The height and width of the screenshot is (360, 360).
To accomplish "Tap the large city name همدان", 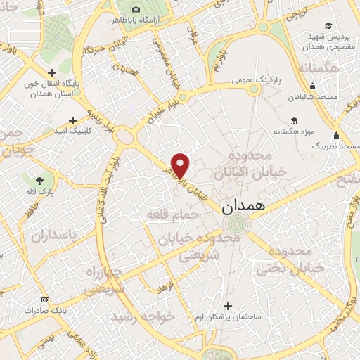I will [243, 208].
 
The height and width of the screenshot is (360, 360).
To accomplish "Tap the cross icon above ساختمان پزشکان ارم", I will [227, 306].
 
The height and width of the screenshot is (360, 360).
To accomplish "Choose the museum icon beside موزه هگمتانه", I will [293, 121].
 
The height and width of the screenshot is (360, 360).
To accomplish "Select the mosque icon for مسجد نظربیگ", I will [337, 136].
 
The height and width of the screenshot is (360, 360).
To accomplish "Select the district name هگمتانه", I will [318, 68].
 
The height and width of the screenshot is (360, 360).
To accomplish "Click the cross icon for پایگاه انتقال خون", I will [51, 72].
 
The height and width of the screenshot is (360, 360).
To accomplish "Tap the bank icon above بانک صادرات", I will [46, 299].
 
